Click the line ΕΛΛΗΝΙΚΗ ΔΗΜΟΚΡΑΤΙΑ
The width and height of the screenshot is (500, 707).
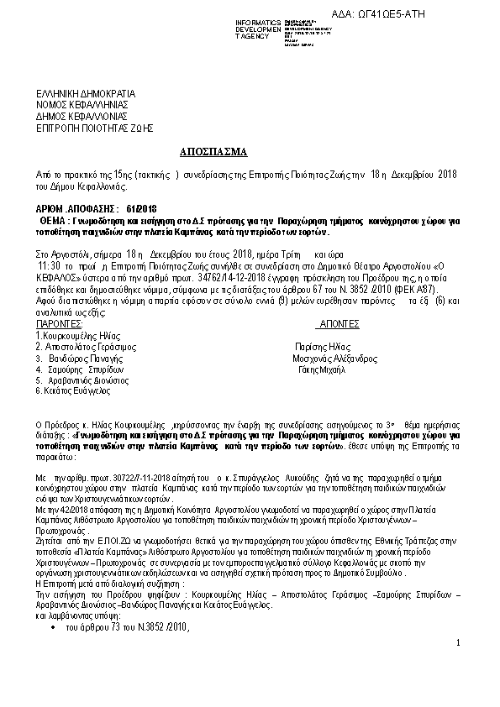tap(86, 94)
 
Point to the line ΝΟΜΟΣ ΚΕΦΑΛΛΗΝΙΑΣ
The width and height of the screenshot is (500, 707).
tap(81, 106)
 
